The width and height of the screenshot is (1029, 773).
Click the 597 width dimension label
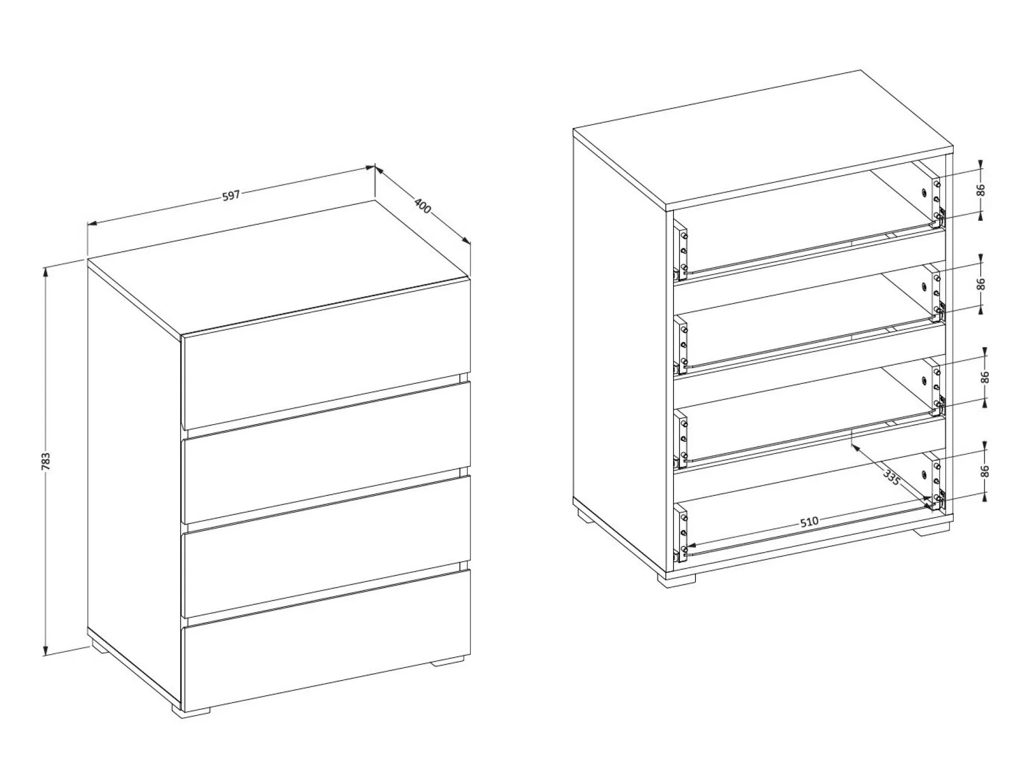231,195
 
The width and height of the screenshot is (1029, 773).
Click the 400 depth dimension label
422,205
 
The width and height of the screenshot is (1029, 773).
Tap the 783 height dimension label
46,461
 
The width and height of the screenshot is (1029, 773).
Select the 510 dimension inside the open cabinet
809,521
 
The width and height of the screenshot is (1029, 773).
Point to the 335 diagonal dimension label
892,476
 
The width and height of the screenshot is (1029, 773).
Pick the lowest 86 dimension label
985,471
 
